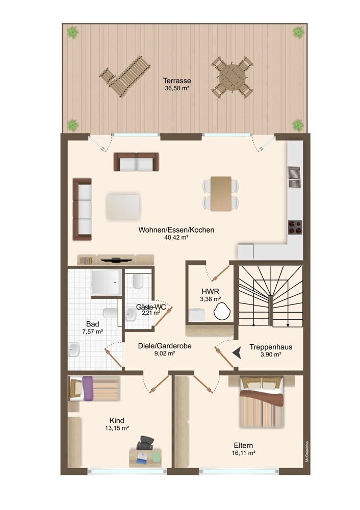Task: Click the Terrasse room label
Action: [x=177, y=81]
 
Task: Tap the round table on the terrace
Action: [x=232, y=78]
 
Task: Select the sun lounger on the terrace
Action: [x=125, y=76]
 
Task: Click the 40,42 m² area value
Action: [x=176, y=238]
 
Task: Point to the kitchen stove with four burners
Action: [x=295, y=227]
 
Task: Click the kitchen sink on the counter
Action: [x=295, y=177]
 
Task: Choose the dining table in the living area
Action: [x=221, y=194]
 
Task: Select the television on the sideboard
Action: [x=116, y=260]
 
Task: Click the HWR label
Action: [x=211, y=291]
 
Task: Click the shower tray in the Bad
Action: [x=107, y=282]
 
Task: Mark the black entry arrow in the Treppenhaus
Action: [x=238, y=352]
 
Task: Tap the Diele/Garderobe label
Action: [x=165, y=346]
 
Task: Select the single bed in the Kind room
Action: [x=94, y=388]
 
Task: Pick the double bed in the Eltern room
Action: [x=262, y=402]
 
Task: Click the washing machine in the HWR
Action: [x=197, y=315]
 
